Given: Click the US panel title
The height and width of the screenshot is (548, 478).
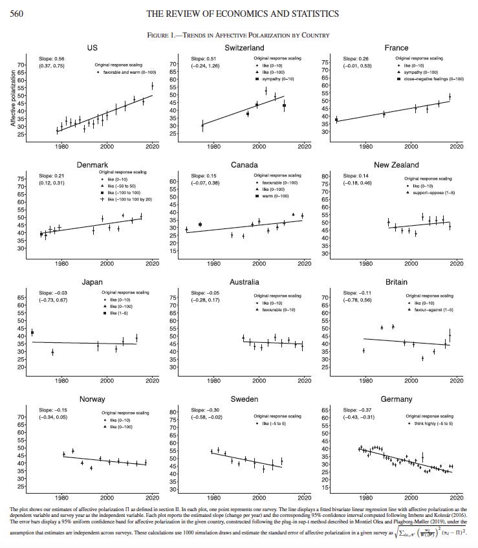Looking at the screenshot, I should pos(92,48).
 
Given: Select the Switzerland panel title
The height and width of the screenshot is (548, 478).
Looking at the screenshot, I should pos(243,48).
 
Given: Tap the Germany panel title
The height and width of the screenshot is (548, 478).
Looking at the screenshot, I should pos(397,399).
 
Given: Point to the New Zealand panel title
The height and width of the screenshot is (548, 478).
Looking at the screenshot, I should pos(397,165).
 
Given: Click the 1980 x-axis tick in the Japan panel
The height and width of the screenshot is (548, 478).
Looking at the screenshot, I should pos(62,381).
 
